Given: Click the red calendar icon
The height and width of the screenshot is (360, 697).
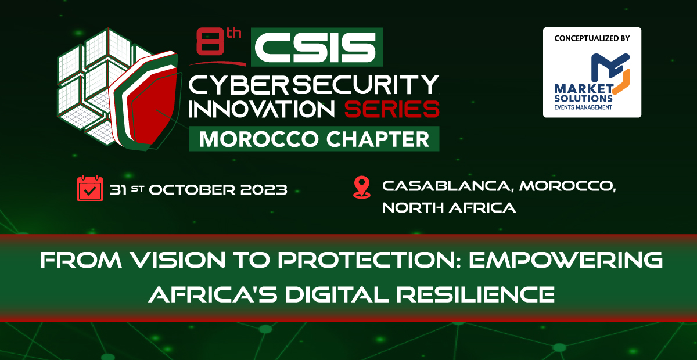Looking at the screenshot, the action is point(90,188).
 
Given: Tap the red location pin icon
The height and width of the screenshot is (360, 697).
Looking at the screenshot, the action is point(362,188).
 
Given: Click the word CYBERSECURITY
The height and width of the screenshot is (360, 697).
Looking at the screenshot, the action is point(314,84).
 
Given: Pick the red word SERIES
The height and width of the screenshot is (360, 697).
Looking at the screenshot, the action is point(391,109).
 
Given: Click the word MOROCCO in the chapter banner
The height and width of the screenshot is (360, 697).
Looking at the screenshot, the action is point(258,139).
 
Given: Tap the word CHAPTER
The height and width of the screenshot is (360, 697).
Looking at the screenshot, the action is point(378,139).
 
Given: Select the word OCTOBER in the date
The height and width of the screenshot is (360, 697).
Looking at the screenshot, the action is point(192,190).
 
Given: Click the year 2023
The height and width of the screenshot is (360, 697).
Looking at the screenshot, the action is point(264,190).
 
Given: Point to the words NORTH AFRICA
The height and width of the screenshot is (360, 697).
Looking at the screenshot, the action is point(449,208).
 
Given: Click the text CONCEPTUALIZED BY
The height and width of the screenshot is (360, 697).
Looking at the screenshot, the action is point(592,38).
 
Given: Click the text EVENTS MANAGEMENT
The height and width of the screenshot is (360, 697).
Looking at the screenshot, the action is point(583,107).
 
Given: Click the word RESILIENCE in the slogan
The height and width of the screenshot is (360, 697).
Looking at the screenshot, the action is point(476,294).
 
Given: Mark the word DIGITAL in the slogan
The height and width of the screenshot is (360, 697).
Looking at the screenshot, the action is point(337,294).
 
